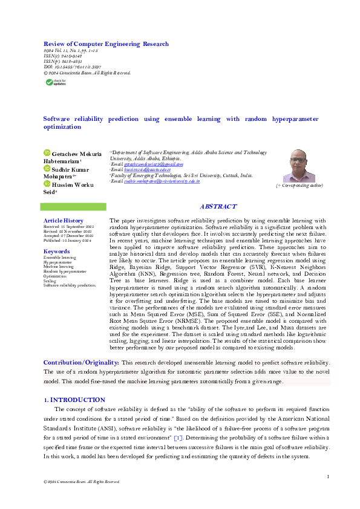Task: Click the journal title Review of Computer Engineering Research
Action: tap(106, 44)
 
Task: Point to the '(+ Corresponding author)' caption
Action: tap(299, 186)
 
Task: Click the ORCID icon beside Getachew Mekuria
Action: tap(47, 154)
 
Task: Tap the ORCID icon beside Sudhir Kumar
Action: tap(47, 169)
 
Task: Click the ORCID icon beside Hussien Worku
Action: tap(47, 183)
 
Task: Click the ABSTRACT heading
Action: tap(218, 207)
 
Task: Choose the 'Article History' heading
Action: tap(63, 221)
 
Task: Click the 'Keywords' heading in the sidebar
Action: tap(56, 251)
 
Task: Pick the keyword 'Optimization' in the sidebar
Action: tap(54, 276)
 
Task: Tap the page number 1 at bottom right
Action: tap(327, 478)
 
